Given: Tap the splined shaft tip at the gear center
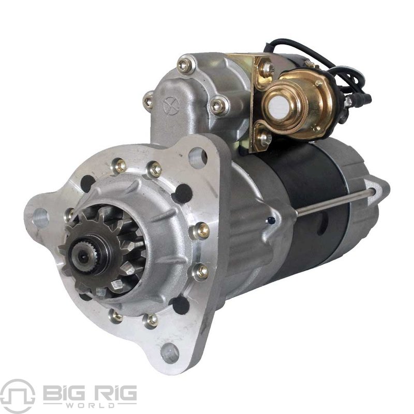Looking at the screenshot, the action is [84, 256].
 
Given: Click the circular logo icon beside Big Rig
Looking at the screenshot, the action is [18, 396].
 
